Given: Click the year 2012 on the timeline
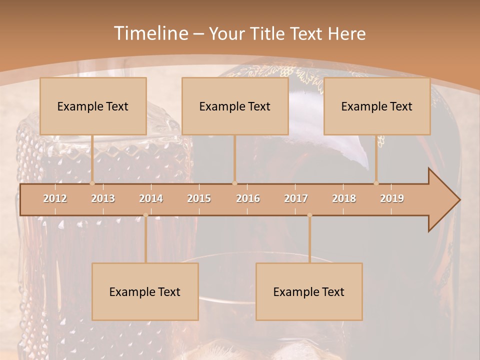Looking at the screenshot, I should [55, 198].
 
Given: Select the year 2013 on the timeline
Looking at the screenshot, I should [103, 198].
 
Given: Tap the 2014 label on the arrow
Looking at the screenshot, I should [151, 198].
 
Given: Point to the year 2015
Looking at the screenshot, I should [199, 198].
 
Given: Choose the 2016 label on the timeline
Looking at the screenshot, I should [248, 198].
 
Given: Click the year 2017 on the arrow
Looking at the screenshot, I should [296, 198].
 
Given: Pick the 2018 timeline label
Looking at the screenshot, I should [344, 198].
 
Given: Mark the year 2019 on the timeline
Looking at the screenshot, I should [392, 198].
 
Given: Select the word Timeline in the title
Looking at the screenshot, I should [150, 33].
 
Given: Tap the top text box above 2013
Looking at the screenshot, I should [93, 106].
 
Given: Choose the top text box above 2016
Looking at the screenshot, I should [235, 106].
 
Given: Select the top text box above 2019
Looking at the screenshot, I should [377, 106].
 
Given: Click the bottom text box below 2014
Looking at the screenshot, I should [145, 291].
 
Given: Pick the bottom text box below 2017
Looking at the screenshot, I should [309, 291].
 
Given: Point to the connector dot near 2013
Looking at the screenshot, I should [92, 183].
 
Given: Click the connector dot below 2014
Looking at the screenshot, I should [145, 215].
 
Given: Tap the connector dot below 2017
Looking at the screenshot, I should [309, 215].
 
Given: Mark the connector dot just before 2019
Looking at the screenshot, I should [376, 183].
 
